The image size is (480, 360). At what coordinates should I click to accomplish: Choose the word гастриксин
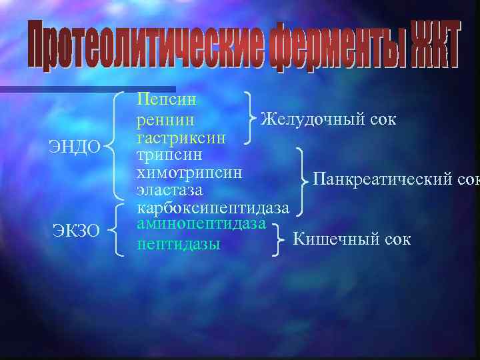pos(181,137)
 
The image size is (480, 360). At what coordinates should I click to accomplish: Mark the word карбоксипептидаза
pos(213,207)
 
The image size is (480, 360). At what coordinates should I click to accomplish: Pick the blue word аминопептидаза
pos(201,224)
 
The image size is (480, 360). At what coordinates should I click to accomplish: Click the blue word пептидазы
pos(178,244)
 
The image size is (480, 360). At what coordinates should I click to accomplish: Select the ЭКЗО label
pos(76,231)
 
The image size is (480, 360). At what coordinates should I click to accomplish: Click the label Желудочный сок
pos(328,119)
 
